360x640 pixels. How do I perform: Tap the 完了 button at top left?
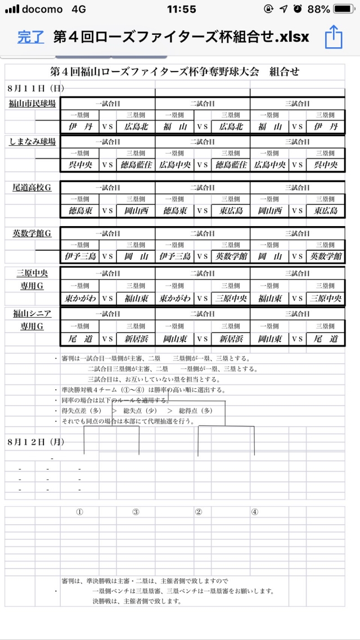click(x=30, y=38)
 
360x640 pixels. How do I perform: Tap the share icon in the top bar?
click(x=334, y=38)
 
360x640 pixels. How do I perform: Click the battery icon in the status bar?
click(x=344, y=10)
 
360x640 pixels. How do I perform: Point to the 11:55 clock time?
click(x=182, y=10)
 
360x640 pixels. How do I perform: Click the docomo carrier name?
click(x=43, y=10)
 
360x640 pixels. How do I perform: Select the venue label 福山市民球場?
click(x=32, y=103)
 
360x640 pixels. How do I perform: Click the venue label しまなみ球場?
click(x=32, y=142)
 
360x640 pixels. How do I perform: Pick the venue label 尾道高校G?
click(x=32, y=187)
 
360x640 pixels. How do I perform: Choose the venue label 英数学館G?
click(x=32, y=233)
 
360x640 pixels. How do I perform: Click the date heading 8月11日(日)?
click(x=36, y=88)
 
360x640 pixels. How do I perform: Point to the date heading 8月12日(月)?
click(x=36, y=442)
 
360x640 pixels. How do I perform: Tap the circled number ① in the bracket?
click(x=80, y=512)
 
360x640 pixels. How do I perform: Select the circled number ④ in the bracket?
click(x=255, y=512)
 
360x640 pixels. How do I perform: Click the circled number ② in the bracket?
click(x=198, y=512)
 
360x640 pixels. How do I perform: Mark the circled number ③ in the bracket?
click(x=136, y=512)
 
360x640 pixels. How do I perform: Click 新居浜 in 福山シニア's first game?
click(x=136, y=339)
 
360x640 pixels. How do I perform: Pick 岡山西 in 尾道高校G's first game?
click(x=136, y=211)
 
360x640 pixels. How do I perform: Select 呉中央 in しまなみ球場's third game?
click(x=326, y=165)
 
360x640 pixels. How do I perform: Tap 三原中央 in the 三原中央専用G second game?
click(x=231, y=298)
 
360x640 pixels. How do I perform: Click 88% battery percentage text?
click(x=319, y=10)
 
